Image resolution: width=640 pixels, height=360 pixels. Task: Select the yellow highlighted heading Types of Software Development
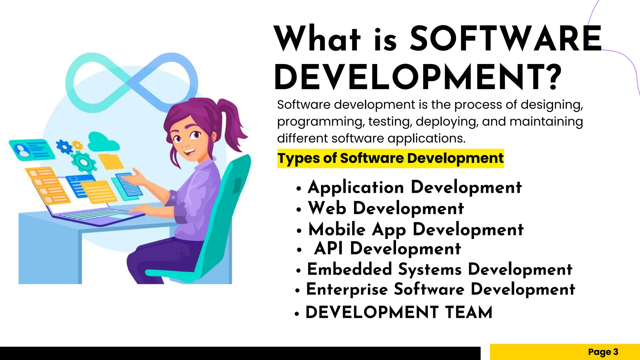tap(390, 158)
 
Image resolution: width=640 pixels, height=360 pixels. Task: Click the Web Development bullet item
tap(386, 208)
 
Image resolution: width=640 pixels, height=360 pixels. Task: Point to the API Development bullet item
tap(387, 249)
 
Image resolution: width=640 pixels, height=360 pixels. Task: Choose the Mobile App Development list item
tap(416, 230)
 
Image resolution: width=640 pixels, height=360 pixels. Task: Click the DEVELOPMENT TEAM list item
tap(399, 312)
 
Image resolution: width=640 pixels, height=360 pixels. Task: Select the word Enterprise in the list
tap(347, 289)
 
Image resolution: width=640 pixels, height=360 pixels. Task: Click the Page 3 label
tap(603, 352)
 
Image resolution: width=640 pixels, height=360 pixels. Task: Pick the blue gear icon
tap(64, 146)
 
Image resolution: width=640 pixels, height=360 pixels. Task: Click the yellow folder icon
tap(111, 162)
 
